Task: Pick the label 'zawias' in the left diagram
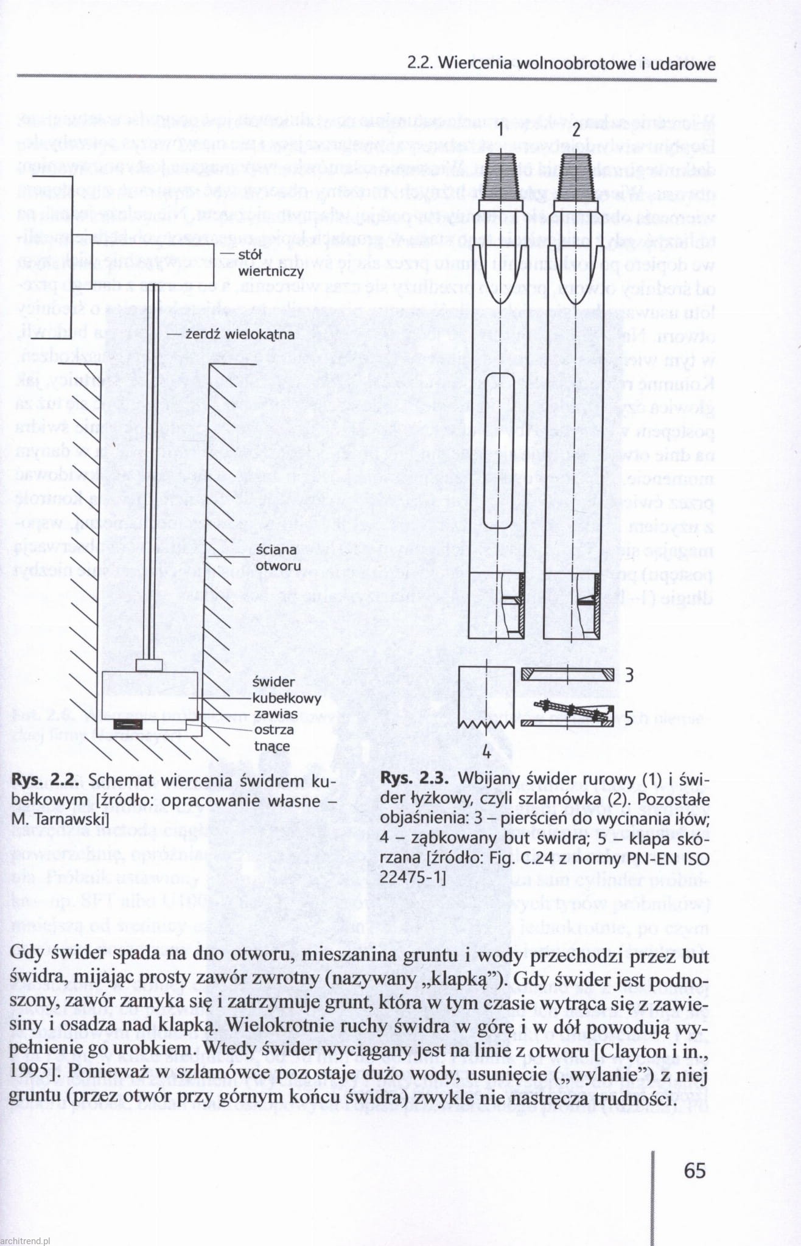click(x=276, y=713)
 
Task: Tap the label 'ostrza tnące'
click(x=273, y=737)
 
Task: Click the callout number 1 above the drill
click(x=498, y=130)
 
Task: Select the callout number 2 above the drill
click(x=575, y=130)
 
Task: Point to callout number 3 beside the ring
click(x=629, y=674)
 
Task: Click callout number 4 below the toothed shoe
click(x=486, y=752)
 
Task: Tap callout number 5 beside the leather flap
click(x=629, y=719)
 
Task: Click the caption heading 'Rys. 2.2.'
click(x=46, y=780)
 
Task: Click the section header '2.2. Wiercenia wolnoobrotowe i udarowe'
click(x=561, y=63)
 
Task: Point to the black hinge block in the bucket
click(x=127, y=724)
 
